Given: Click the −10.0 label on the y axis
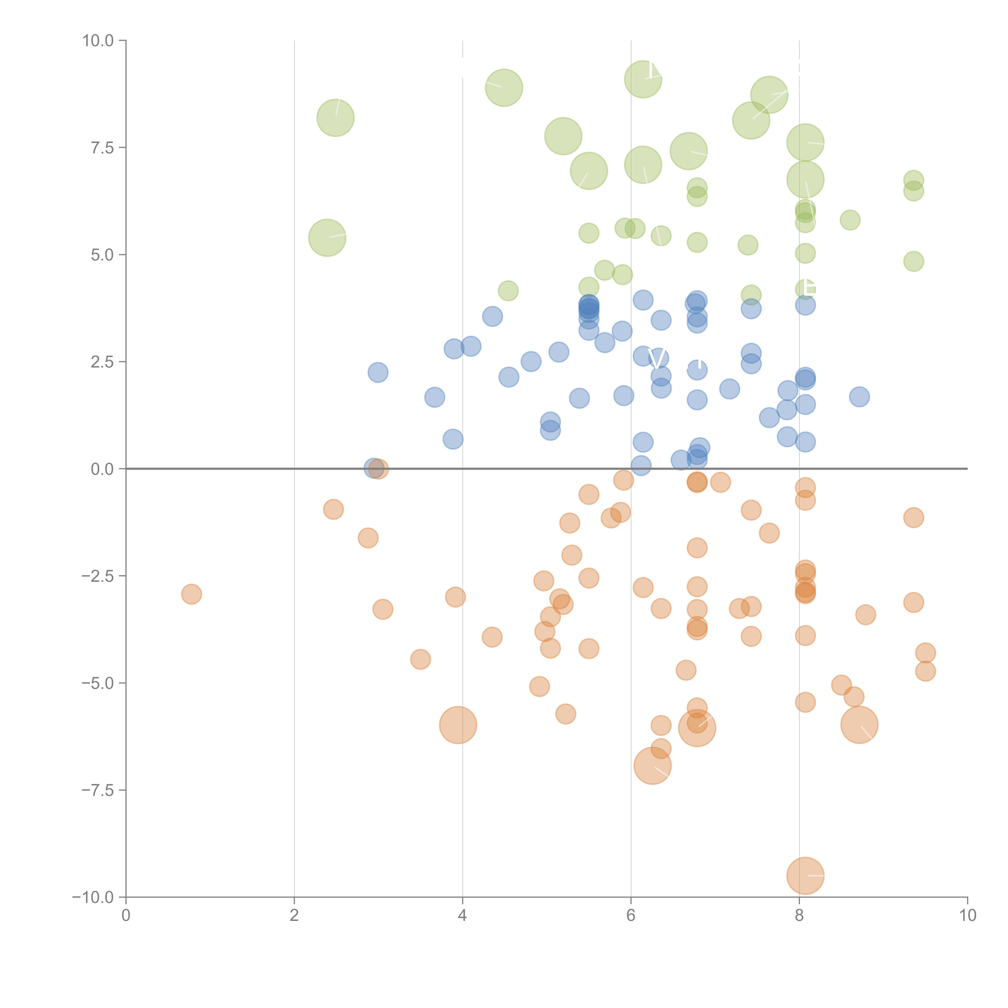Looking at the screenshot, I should point(94,897).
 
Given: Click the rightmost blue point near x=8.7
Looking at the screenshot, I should point(859,397).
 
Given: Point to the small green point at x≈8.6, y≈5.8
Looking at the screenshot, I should point(850,220).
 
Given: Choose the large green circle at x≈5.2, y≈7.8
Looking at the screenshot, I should point(563,136).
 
